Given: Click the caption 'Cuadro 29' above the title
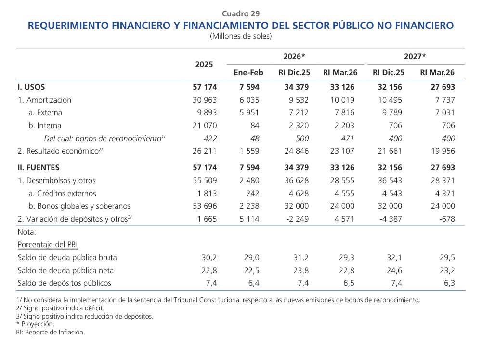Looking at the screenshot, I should tap(241, 13).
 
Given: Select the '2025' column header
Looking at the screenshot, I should tap(204, 65).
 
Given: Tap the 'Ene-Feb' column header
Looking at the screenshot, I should tap(248, 73).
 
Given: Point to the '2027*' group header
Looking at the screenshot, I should tap(415, 56).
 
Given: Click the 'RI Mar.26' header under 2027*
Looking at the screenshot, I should tap(437, 73).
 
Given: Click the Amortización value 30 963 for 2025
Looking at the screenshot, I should tap(204, 100).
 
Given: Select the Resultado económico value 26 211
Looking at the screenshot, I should tap(204, 151).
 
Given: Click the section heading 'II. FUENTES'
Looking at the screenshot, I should tap(39, 167).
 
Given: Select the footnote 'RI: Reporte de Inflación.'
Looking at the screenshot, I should tap(51, 332).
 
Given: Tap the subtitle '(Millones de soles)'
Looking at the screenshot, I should tap(241, 36).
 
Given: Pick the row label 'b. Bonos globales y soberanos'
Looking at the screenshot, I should tap(79, 206).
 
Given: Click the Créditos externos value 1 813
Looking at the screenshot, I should tap(208, 193).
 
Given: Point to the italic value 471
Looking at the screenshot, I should tap(347, 139).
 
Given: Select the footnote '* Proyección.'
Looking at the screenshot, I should tap(35, 324).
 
